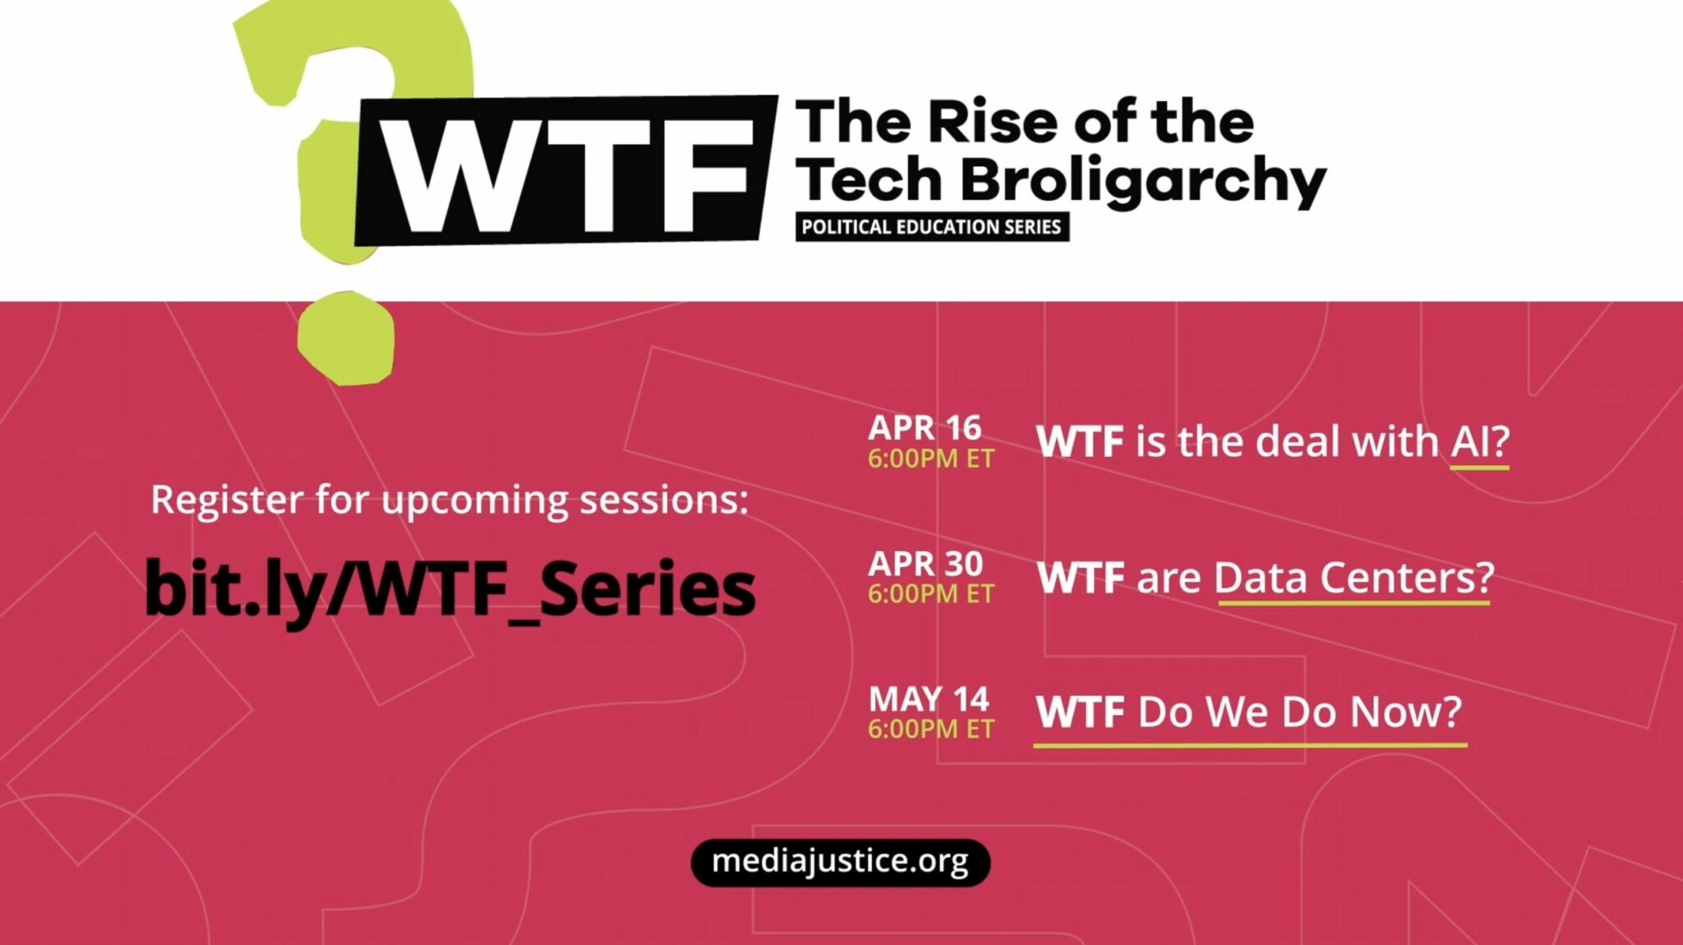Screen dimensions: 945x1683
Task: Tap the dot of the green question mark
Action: click(x=346, y=338)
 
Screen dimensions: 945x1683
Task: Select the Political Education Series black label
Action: click(x=932, y=227)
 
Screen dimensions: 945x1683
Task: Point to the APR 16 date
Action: click(x=924, y=427)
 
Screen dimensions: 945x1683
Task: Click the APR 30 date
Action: click(x=925, y=564)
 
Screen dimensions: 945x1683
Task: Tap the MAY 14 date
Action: click(x=929, y=699)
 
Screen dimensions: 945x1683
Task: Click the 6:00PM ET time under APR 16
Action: click(x=931, y=459)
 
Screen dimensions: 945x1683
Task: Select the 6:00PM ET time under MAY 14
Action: click(x=931, y=729)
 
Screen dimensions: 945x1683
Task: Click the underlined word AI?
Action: click(x=1479, y=442)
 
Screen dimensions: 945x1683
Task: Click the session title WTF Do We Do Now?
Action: click(x=1249, y=712)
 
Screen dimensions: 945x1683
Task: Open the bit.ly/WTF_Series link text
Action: click(x=450, y=588)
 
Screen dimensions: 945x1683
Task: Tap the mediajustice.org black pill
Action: click(x=840, y=862)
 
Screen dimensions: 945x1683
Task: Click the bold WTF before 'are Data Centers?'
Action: click(x=1080, y=578)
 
